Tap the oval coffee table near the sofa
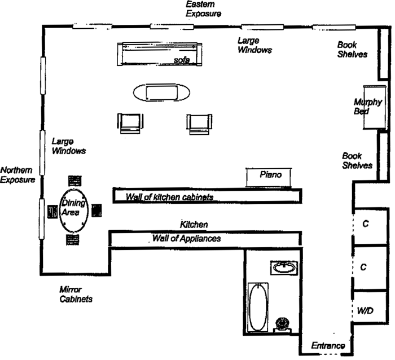[161, 92]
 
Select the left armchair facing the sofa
[130, 122]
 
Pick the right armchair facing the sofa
[200, 122]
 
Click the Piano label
[270, 175]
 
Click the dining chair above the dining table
[74, 181]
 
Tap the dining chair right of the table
[96, 211]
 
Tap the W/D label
[365, 311]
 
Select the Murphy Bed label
[368, 107]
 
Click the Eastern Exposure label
[204, 8]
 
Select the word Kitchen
[194, 225]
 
